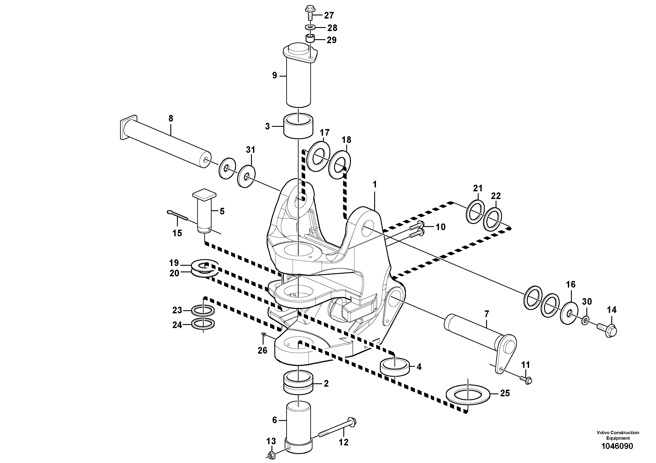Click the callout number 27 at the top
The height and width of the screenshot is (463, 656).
(x=329, y=15)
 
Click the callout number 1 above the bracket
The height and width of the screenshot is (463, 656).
(x=375, y=184)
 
